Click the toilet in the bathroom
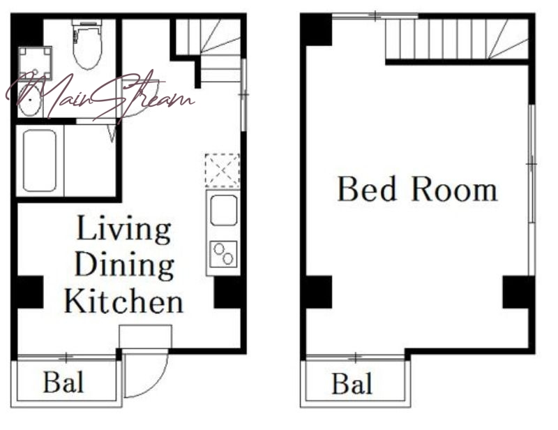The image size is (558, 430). click(87, 45)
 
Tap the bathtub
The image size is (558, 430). click(40, 161)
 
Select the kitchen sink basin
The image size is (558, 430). click(223, 210)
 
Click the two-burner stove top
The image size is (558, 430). click(223, 254)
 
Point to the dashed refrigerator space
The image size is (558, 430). click(223, 170)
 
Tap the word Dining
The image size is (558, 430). click(125, 266)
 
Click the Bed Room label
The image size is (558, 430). click(417, 189)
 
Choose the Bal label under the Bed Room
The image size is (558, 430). click(352, 383)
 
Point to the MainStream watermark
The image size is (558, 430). click(100, 96)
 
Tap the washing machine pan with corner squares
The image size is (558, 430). click(35, 63)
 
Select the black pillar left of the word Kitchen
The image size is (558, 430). click(30, 292)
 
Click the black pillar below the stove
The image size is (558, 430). click(228, 292)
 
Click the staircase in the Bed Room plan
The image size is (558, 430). click(457, 39)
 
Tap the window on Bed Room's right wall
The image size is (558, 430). click(531, 164)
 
